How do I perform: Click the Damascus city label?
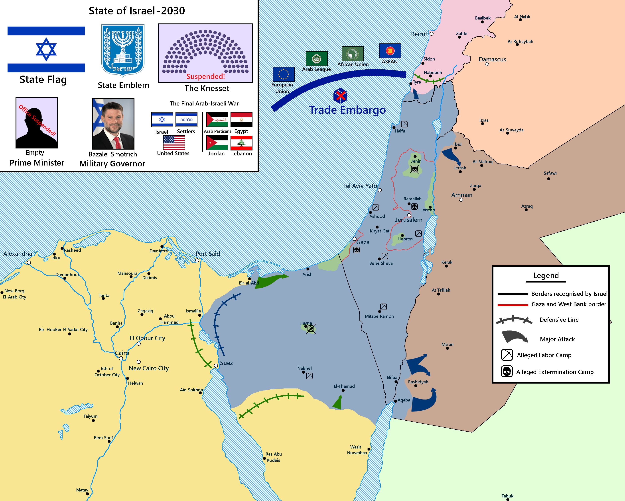[x=492, y=59]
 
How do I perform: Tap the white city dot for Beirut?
[x=431, y=34]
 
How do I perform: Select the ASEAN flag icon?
[x=390, y=51]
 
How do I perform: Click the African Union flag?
[x=352, y=54]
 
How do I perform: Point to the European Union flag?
[x=283, y=74]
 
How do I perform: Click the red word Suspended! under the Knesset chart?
[x=205, y=76]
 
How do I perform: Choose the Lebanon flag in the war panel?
[x=241, y=143]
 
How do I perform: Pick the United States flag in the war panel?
[x=174, y=143]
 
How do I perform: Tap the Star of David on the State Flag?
[x=46, y=49]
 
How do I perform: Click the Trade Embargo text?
[x=347, y=110]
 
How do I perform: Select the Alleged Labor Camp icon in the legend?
[x=507, y=355]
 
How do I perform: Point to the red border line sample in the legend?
[x=513, y=305]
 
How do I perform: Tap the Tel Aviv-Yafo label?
[x=360, y=186]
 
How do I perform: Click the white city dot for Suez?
[x=216, y=365]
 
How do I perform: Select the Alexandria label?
[x=18, y=254]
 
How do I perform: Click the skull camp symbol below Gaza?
[x=356, y=250]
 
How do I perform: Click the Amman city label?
[x=461, y=195]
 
